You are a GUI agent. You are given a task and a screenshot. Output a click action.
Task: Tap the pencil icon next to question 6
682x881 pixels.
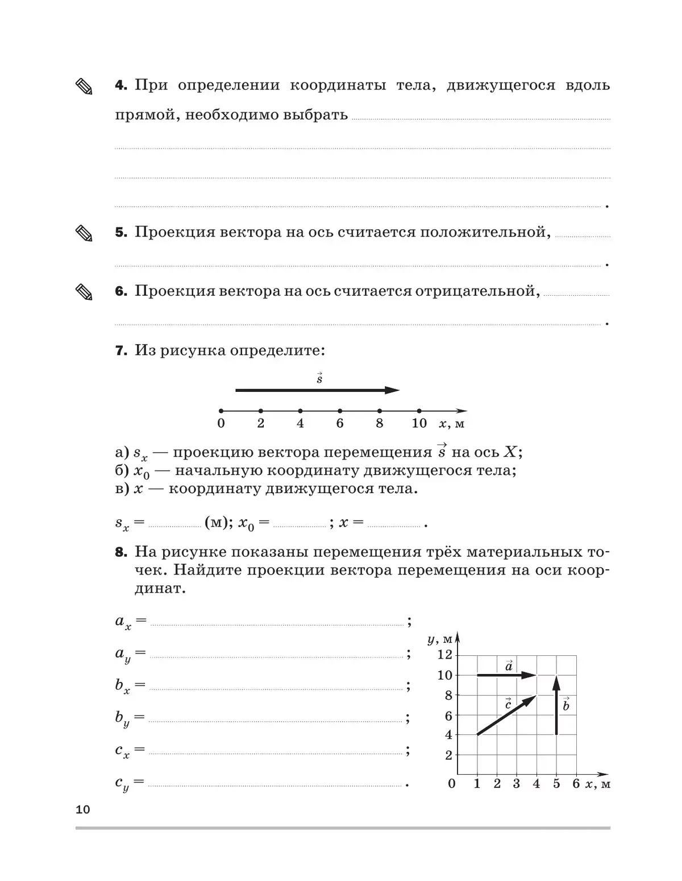(x=84, y=292)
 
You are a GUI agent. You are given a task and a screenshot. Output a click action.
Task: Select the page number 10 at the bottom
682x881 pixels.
(x=83, y=809)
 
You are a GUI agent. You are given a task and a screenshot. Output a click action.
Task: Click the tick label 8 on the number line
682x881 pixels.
(x=379, y=423)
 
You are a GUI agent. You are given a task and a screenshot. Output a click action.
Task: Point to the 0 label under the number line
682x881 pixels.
(x=221, y=423)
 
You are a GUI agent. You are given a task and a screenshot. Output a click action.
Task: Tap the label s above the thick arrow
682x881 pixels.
(x=319, y=378)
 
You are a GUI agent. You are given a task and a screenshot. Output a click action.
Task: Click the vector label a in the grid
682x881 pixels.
(x=509, y=665)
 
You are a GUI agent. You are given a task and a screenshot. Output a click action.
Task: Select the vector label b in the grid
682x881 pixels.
(x=565, y=706)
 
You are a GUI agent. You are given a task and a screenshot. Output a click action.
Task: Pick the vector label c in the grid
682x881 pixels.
(x=508, y=705)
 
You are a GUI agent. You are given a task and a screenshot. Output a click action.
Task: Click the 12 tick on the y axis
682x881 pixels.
(x=445, y=655)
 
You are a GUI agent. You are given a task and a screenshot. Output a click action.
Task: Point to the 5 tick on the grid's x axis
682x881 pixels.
(x=556, y=784)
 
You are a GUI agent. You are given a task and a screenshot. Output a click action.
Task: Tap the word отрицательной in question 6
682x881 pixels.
(x=477, y=291)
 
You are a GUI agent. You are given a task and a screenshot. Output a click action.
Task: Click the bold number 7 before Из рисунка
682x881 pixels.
(x=121, y=351)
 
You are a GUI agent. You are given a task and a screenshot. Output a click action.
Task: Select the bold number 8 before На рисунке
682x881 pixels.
(x=121, y=552)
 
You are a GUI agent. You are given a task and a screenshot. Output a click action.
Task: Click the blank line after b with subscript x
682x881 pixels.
(x=276, y=689)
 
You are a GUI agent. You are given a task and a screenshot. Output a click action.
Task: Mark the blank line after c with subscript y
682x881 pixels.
(x=276, y=785)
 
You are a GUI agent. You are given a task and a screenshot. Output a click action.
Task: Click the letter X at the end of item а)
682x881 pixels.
(x=510, y=452)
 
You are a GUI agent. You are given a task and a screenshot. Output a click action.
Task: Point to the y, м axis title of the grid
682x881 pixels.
(x=439, y=639)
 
